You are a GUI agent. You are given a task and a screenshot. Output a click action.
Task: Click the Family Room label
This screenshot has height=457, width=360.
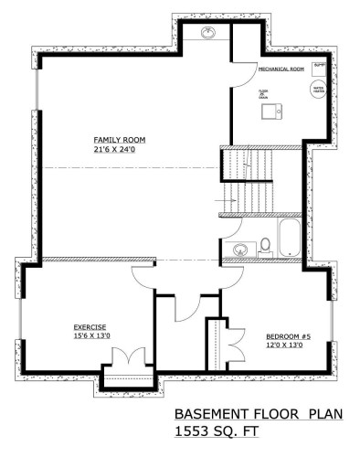click(x=119, y=140)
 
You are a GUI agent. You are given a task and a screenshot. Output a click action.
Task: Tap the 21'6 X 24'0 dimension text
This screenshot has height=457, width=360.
click(x=119, y=149)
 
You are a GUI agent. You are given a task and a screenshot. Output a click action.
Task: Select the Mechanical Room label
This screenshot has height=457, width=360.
click(x=281, y=69)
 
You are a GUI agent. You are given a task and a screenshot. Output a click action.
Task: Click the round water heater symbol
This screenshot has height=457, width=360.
click(x=319, y=90)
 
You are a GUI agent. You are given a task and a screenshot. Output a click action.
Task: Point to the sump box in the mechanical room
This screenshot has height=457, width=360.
click(x=319, y=67)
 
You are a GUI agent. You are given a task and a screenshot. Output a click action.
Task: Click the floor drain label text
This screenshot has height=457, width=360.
click(x=262, y=93)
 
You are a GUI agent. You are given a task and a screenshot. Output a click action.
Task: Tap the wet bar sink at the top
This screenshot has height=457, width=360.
click(x=207, y=34)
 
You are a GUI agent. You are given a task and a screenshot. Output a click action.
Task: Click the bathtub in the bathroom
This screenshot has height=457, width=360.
click(x=290, y=239)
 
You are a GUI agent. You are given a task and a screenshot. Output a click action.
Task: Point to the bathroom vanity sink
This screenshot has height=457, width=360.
click(x=241, y=247)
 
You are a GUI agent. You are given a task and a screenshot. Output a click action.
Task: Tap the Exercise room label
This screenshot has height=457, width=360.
click(x=91, y=326)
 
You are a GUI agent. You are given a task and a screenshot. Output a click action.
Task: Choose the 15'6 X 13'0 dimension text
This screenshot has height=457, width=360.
click(x=91, y=335)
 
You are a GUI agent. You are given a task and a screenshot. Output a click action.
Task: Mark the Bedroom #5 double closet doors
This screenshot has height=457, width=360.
click(x=234, y=341)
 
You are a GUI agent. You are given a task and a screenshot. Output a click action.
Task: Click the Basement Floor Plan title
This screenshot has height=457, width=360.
click(x=258, y=413)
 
